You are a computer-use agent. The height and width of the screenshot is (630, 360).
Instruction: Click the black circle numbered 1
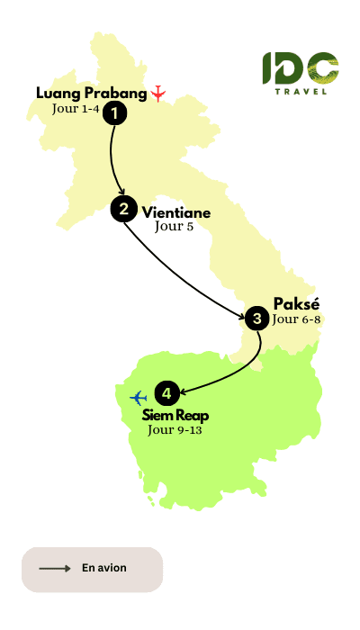[115, 112]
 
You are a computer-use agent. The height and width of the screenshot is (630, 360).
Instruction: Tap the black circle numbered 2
[122, 209]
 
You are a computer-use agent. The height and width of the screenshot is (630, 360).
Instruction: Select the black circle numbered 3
[257, 317]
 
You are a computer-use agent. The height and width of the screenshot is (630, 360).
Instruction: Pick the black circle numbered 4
[166, 393]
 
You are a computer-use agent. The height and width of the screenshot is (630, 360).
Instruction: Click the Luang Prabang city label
[91, 93]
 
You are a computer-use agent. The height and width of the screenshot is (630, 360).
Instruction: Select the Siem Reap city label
[176, 416]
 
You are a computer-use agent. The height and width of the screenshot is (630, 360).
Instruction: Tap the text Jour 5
[174, 228]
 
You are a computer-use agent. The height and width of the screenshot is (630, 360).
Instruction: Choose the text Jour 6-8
[297, 319]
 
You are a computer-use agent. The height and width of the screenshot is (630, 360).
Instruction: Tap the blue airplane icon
[138, 396]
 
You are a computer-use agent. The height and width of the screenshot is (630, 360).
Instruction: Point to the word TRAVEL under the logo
[301, 90]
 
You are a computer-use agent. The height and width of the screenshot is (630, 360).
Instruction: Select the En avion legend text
[104, 569]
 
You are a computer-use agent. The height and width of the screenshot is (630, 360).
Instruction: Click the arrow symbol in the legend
[55, 569]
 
